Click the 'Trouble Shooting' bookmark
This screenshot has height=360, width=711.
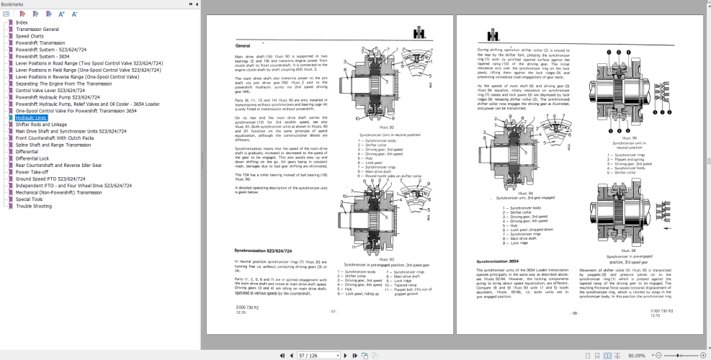click(x=34, y=206)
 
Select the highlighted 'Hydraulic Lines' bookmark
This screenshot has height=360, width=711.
click(x=32, y=117)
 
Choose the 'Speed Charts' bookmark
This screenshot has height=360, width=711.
click(x=30, y=36)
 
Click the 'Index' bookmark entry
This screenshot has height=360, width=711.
click(x=22, y=22)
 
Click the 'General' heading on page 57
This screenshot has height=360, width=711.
click(x=242, y=45)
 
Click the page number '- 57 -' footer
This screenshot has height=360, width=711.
click(x=333, y=311)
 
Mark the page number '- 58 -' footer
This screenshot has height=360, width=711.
click(x=575, y=312)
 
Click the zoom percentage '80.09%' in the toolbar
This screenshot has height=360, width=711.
click(x=636, y=355)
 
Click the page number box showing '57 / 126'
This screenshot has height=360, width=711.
click(x=318, y=355)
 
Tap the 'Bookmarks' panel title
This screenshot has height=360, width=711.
click(x=13, y=4)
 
